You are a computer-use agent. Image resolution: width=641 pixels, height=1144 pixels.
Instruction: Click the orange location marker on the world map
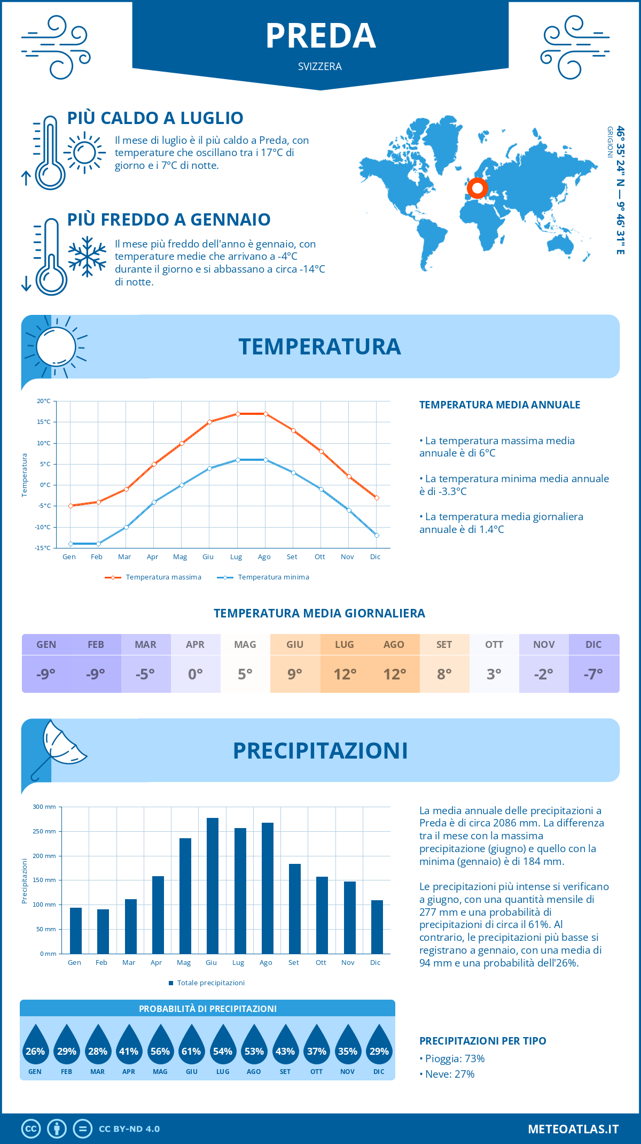pos(477,188)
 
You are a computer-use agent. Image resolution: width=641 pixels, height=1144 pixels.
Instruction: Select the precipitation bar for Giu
pos(212,885)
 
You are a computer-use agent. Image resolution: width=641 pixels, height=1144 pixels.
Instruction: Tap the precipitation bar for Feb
pos(103,931)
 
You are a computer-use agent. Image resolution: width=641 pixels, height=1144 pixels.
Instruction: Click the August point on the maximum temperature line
pos(265,414)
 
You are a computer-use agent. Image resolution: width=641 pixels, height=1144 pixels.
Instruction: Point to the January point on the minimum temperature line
pos(71,544)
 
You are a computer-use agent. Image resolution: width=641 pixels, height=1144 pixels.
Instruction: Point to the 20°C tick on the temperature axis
pos(44,401)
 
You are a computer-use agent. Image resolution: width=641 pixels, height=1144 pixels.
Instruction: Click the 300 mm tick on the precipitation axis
pos(45,807)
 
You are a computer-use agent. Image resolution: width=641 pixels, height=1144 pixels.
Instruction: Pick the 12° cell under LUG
pos(345,674)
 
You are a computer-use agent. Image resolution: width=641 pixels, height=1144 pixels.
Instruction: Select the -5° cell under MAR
pos(145,674)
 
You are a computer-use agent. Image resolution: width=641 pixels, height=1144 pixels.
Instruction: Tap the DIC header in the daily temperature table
pos(593,645)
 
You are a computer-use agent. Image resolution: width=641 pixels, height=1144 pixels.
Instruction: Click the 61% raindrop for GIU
pos(191,1047)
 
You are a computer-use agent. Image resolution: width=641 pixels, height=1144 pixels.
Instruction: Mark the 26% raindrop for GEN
pos(35,1047)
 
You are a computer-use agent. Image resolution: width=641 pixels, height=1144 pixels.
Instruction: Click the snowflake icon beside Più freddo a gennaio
pos(87,257)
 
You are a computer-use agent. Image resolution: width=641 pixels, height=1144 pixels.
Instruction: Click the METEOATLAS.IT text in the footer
pos(573,1128)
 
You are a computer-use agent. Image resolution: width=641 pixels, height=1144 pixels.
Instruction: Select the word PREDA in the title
pos(320,36)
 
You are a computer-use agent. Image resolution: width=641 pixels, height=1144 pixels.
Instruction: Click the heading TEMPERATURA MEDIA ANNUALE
pos(499,405)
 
